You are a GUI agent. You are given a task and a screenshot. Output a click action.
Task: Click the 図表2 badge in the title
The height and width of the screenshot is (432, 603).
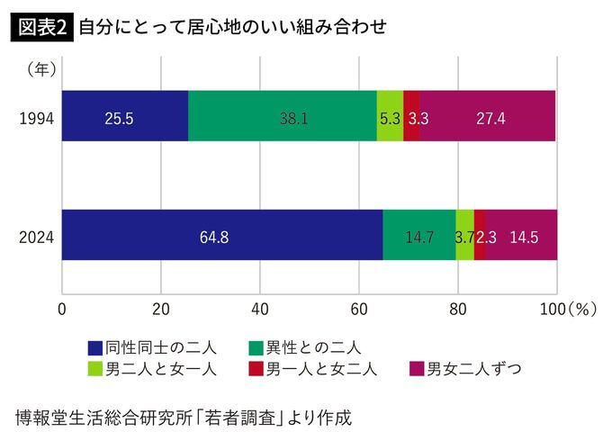point(40,27)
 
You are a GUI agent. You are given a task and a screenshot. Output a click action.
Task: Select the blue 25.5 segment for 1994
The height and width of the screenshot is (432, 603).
point(124,116)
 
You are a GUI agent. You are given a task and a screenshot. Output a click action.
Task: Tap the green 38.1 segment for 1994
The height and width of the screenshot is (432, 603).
point(282,116)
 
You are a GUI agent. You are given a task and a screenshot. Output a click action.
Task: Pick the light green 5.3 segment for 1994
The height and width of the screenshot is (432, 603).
point(390,116)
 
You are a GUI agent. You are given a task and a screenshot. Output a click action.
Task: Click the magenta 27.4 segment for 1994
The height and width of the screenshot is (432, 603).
point(489,116)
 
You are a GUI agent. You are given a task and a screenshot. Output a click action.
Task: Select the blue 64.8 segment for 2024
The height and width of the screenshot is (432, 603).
point(221,235)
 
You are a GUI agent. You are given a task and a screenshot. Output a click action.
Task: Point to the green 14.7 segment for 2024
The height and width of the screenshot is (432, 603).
point(418,235)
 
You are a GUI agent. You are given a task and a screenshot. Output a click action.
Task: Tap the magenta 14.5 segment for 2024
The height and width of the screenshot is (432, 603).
point(522,235)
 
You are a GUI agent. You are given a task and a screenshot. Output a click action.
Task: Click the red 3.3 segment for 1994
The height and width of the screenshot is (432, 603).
point(411,116)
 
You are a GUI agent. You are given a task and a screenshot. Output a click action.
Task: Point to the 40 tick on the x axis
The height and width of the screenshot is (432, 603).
point(260,309)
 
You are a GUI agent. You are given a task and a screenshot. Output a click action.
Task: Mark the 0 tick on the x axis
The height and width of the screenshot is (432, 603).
point(62,309)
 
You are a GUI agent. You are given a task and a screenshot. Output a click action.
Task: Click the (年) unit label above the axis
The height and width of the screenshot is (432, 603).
point(41,67)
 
